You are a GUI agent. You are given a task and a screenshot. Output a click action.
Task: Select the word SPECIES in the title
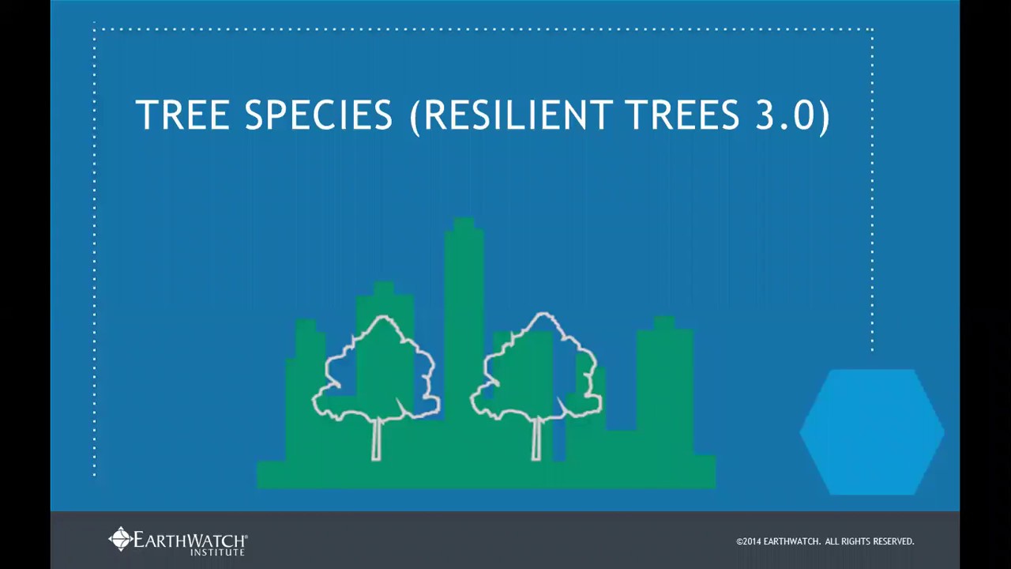[318, 115]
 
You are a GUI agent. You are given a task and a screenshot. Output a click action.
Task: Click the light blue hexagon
[872, 431]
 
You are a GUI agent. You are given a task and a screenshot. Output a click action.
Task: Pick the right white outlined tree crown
[539, 367]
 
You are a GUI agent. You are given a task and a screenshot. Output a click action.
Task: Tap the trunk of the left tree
[376, 439]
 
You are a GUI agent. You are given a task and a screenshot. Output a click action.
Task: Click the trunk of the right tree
[537, 439]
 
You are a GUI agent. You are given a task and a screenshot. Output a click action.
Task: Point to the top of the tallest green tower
[464, 225]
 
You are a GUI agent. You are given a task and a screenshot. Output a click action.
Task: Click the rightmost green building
[665, 379]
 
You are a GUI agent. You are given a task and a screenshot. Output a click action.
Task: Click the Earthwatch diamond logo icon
[120, 539]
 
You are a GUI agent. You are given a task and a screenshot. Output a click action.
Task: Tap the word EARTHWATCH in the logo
[190, 540]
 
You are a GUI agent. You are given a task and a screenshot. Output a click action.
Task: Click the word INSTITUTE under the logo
[217, 552]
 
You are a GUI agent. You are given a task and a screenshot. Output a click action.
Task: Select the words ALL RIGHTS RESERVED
[870, 541]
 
